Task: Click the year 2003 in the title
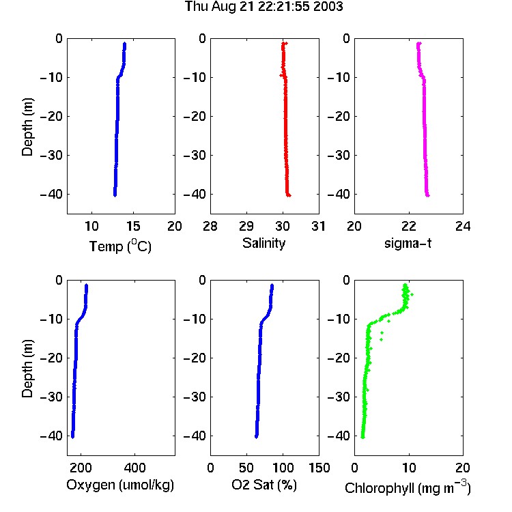(x=328, y=6)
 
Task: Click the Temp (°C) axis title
(x=120, y=246)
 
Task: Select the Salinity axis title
(x=264, y=243)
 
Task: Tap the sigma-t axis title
(x=408, y=243)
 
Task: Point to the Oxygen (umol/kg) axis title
(x=120, y=485)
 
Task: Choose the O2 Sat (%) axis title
(x=264, y=485)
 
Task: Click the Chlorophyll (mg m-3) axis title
(x=408, y=487)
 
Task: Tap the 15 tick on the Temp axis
(x=133, y=226)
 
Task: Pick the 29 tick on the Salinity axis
(x=246, y=226)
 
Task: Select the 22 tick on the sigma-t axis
(x=408, y=226)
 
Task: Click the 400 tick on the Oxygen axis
(x=134, y=468)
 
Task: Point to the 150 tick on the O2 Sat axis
(x=319, y=468)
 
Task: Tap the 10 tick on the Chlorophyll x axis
(x=408, y=468)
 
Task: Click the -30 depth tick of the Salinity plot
(x=195, y=155)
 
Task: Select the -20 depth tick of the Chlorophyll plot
(x=339, y=358)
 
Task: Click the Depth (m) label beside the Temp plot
(x=27, y=127)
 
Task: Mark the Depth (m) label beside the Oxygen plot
(x=27, y=369)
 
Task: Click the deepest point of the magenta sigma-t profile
(x=428, y=196)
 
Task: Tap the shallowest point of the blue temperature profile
(x=124, y=44)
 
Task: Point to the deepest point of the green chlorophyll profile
(x=362, y=437)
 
